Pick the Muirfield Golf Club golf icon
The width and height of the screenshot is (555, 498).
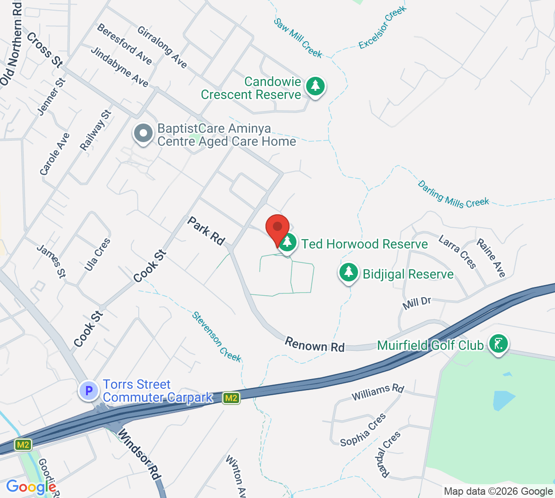[x=498, y=344]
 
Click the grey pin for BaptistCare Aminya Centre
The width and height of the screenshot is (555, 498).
[x=143, y=133]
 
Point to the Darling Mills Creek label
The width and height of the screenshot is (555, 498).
[x=453, y=195]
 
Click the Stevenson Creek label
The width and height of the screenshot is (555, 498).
[x=217, y=336]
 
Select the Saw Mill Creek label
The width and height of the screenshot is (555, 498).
[x=298, y=38]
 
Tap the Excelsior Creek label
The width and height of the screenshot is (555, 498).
[x=382, y=27]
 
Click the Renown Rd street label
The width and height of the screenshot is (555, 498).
[x=314, y=345]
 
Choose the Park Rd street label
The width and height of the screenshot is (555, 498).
[x=206, y=231]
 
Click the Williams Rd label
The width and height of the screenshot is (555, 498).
[x=378, y=392]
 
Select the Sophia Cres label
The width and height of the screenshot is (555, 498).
[x=363, y=430]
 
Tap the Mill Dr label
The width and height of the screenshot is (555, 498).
[x=417, y=303]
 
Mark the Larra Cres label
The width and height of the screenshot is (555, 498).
[x=457, y=252]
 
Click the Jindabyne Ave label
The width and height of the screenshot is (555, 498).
[x=120, y=67]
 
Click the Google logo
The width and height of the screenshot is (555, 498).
[x=31, y=486]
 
